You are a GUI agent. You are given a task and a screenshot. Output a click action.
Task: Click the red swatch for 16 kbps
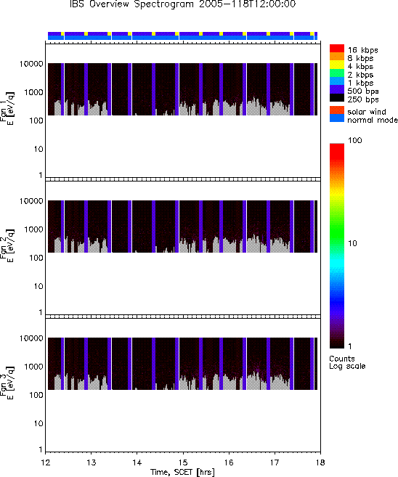coord(337,49)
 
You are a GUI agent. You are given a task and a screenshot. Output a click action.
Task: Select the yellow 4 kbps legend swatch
coord(337,65)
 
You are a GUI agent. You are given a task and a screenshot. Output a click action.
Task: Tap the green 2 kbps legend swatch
coord(337,73)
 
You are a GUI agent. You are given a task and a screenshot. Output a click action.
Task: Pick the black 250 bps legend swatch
coord(337,98)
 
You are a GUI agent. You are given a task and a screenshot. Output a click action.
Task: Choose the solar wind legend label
coord(367,112)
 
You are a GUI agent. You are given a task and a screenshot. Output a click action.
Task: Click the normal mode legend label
coord(373,120)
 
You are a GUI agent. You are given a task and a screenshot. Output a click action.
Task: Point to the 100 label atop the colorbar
coord(355,140)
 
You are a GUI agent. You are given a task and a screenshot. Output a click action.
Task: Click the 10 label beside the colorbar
coord(352,243)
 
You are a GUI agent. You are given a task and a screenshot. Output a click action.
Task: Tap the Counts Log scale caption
coord(347,362)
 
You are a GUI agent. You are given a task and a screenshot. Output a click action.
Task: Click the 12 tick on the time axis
coord(45,462)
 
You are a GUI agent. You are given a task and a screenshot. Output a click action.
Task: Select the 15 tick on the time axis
coord(183,462)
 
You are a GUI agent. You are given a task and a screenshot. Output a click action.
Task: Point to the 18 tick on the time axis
coord(320,462)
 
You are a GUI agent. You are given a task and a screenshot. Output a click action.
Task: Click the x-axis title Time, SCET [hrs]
coord(182,472)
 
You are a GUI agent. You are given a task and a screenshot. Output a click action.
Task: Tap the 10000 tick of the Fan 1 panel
coord(31,64)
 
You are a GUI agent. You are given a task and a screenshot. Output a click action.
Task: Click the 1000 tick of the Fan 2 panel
coord(33,229)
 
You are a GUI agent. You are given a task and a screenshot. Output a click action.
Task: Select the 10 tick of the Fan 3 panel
coord(38,423)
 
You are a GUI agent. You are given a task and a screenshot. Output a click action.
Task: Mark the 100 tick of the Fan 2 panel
coord(36,258)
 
